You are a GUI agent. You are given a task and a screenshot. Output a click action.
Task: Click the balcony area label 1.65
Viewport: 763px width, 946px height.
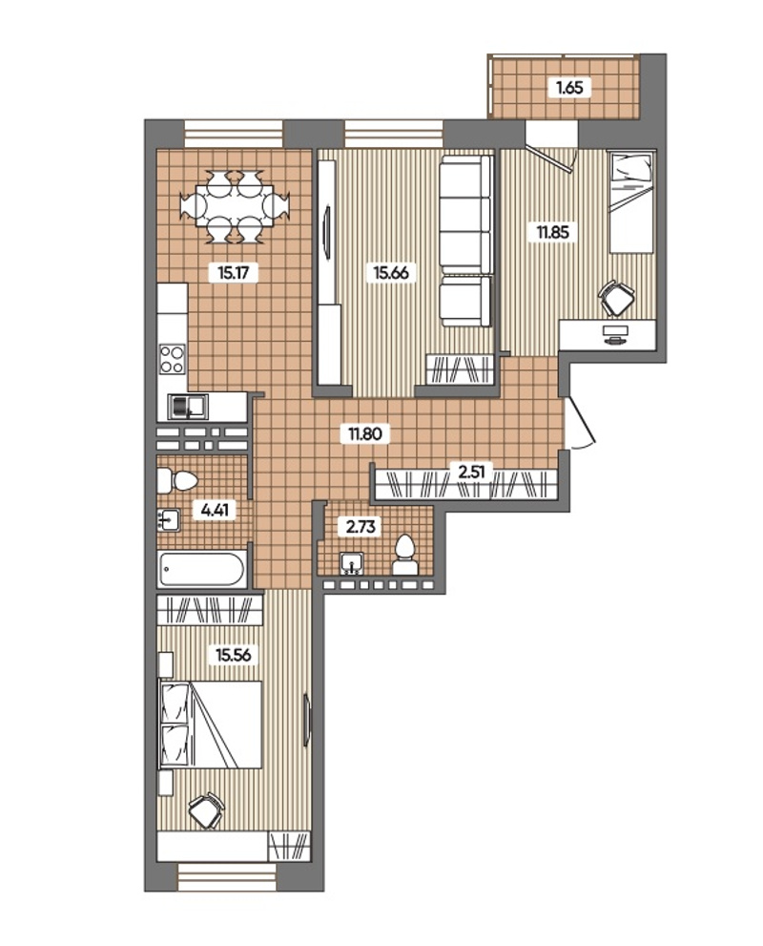pyautogui.click(x=569, y=88)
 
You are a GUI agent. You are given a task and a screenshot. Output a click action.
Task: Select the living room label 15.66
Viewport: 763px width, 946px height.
pyautogui.click(x=390, y=273)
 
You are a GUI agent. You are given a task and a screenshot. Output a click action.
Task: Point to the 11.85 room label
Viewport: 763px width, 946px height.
pyautogui.click(x=552, y=232)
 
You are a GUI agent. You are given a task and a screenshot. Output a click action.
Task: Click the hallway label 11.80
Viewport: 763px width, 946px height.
pyautogui.click(x=364, y=433)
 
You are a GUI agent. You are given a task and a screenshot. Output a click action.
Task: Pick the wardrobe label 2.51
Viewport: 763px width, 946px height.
pyautogui.click(x=471, y=472)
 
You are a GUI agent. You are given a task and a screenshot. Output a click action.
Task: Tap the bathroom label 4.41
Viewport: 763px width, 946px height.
pyautogui.click(x=215, y=511)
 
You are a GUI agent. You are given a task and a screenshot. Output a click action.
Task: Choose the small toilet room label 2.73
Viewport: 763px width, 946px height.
pyautogui.click(x=361, y=527)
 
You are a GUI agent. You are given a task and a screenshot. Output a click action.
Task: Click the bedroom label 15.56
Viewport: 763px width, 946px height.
pyautogui.click(x=234, y=655)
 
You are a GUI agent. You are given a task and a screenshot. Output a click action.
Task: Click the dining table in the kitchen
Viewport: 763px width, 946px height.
pyautogui.click(x=235, y=207)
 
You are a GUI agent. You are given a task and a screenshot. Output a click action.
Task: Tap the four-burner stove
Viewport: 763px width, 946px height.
pyautogui.click(x=172, y=359)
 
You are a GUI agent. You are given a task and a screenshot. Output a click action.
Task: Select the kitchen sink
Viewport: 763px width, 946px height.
pyautogui.click(x=188, y=406)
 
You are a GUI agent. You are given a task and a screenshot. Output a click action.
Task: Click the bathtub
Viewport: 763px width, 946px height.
pyautogui.click(x=202, y=569)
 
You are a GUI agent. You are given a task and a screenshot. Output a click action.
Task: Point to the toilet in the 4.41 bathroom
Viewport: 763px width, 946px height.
pyautogui.click(x=176, y=481)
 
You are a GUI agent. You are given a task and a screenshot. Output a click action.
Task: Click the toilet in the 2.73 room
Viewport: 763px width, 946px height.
pyautogui.click(x=405, y=555)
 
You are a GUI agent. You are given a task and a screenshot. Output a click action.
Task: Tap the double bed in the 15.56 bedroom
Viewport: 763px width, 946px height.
pyautogui.click(x=210, y=725)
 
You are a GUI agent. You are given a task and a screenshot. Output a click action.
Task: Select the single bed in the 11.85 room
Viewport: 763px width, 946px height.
pyautogui.click(x=631, y=202)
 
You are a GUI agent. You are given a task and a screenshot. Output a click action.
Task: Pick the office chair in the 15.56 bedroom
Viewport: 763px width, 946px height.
pyautogui.click(x=207, y=809)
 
